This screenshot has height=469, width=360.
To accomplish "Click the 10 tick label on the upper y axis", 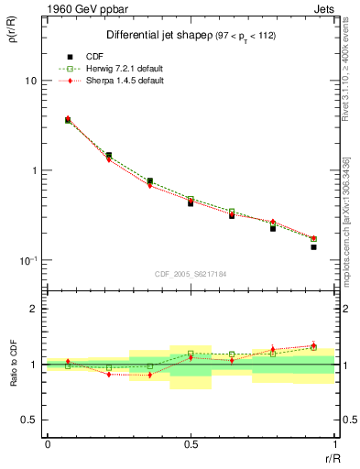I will pos(30,81).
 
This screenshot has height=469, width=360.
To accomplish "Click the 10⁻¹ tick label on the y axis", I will pos(27,260).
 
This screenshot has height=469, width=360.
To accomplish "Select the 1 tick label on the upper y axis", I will pos(33,170).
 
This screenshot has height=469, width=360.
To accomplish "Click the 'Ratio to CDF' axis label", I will pos(14,364).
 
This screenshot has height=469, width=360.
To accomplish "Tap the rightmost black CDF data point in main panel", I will pos(313,247).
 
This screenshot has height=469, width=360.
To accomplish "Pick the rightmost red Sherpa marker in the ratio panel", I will pos(313,345).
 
